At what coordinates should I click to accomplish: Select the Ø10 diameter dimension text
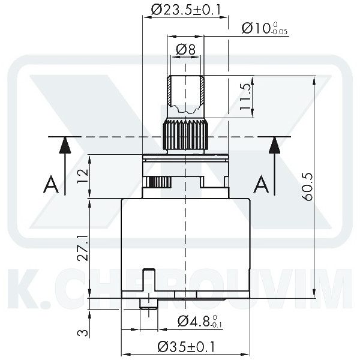coord(264,28)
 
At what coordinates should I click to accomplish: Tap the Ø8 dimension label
coord(186,50)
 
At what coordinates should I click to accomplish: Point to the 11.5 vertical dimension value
coord(244,95)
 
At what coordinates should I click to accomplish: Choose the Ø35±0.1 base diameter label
coord(187,347)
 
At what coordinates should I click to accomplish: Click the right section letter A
coord(260,185)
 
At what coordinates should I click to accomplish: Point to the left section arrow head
coord(64,145)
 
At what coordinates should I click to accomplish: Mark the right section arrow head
coord(274,145)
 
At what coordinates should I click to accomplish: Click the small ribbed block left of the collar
coord(160,182)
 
